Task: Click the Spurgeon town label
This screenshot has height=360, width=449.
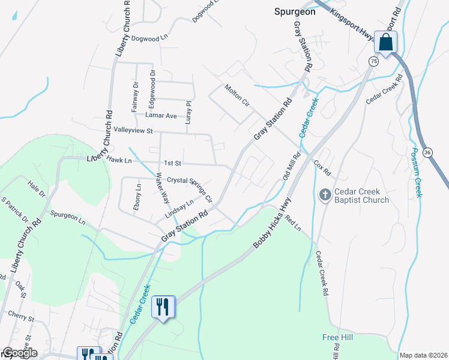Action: coord(294,11)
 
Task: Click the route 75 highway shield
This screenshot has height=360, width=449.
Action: coord(374,61)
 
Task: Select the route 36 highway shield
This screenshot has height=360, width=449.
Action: coord(427,152)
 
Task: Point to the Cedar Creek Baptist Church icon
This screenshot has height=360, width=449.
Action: coord(325,194)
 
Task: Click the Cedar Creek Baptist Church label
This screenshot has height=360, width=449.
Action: coord(361,196)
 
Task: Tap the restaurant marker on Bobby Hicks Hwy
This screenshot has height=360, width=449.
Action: coord(163,307)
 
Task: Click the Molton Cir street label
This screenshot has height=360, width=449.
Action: coord(237,95)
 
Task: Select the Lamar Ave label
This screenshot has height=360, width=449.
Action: coord(161,115)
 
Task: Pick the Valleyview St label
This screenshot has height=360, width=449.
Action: coord(134,130)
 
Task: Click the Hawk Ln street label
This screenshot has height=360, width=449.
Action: coord(119,160)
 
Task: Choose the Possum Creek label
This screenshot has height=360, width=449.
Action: coord(415,172)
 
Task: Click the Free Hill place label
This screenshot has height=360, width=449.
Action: coord(337,338)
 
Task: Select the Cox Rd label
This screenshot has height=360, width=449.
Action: coord(322,167)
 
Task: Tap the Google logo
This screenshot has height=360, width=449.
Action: coord(20,353)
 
